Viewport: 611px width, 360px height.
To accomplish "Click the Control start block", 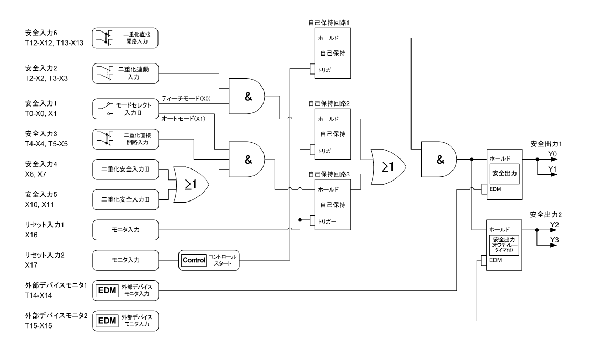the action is point(209,260).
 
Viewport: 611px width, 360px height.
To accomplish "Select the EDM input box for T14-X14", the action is point(125,291).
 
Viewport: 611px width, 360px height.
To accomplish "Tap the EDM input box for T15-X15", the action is point(125,321).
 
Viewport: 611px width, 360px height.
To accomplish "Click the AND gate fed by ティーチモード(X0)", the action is point(247,96).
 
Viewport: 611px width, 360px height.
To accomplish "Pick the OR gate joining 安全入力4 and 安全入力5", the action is point(191,185).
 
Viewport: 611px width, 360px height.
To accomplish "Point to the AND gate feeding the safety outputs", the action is point(439,160).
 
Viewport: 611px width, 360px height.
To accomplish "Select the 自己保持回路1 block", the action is point(333,54).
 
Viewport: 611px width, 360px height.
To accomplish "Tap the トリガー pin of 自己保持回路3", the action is point(312,221).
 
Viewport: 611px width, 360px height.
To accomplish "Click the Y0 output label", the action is point(553,154).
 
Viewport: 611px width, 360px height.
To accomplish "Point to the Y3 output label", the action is point(554,240).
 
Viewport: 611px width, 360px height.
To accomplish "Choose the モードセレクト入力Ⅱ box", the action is point(125,109).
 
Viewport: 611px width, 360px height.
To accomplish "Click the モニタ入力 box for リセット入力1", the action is point(125,230).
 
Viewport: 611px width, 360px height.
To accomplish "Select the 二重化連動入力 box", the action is point(125,73).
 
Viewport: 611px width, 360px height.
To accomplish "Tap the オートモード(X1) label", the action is point(183,119).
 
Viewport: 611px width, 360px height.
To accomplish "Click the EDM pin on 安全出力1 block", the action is point(484,189).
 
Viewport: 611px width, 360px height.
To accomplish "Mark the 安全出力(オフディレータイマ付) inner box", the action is point(504,245).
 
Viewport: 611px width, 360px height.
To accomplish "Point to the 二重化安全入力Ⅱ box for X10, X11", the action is point(125,199).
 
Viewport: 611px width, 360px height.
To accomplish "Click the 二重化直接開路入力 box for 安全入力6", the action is point(125,38).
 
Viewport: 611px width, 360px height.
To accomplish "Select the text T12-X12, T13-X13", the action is point(54,43).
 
